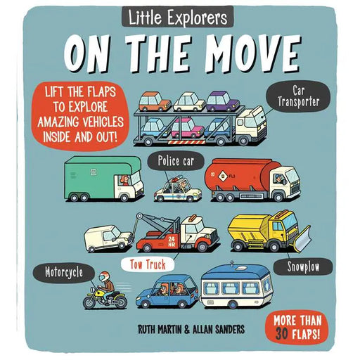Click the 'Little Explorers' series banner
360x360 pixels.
pos(178,17)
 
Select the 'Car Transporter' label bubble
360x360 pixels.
pos(298,96)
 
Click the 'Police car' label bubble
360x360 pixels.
pos(176,161)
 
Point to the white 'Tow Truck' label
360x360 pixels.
pos(148,265)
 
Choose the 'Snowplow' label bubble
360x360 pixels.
pos(303,266)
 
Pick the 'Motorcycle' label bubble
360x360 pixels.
pos(64,273)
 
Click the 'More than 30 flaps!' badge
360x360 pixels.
pos(297,327)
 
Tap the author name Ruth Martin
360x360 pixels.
pos(160,329)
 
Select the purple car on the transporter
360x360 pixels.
pos(223,101)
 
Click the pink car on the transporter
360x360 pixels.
pos(187,128)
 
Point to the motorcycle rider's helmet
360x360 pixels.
pos(104,276)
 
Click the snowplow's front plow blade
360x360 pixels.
pos(302,238)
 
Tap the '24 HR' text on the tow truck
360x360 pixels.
pos(172,241)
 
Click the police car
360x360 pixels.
pos(178,190)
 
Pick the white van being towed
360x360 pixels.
pos(108,238)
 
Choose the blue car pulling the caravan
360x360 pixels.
pos(167,292)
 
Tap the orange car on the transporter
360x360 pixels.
pos(155,102)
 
